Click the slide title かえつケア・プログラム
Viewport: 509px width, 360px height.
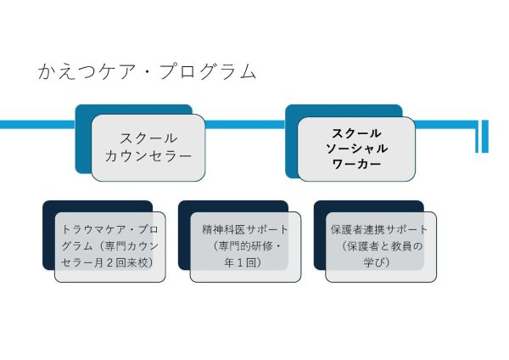pyautogui.click(x=147, y=71)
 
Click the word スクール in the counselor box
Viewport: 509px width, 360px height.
pyautogui.click(x=148, y=138)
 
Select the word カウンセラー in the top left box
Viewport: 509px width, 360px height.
pyautogui.click(x=148, y=156)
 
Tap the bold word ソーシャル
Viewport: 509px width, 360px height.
pyautogui.click(x=356, y=149)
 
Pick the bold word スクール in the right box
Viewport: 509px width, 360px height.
pyautogui.click(x=356, y=133)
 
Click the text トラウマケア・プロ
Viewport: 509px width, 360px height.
pyautogui.click(x=110, y=230)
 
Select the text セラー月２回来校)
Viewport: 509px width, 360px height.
pyautogui.click(x=110, y=263)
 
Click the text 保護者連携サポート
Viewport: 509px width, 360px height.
pyautogui.click(x=379, y=230)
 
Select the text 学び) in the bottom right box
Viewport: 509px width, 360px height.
pyautogui.click(x=379, y=263)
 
